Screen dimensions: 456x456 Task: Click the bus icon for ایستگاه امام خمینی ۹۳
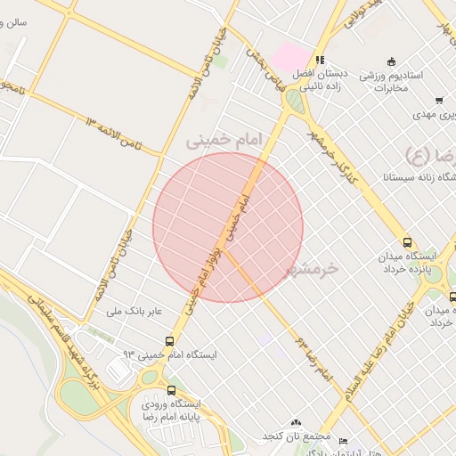click(169, 341)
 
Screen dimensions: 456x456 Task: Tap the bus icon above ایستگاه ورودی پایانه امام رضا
click(171, 389)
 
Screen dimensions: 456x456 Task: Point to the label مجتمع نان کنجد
click(297, 437)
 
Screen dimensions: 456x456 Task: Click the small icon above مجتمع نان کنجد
click(296, 422)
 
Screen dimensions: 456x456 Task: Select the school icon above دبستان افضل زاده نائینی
click(320, 61)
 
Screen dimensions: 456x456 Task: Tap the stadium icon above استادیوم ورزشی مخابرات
click(365, 77)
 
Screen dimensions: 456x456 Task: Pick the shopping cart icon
click(439, 101)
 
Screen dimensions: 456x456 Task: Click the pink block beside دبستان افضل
click(288, 56)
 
